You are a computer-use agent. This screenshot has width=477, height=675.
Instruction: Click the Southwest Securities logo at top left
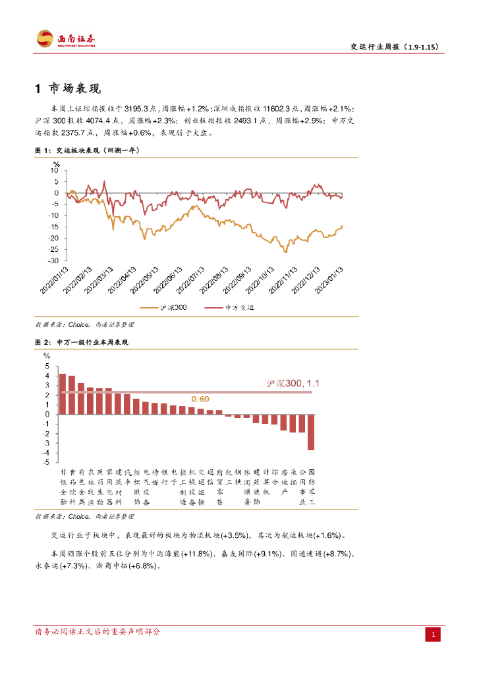[66, 39]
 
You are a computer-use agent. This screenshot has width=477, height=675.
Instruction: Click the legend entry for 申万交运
[231, 308]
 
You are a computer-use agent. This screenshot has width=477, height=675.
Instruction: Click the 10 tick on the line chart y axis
[55, 171]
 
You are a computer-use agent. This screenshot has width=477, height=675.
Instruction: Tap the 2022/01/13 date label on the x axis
[57, 280]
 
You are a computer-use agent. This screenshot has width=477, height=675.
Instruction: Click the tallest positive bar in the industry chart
[63, 394]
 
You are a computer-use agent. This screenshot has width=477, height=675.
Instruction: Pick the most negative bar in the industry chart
[311, 432]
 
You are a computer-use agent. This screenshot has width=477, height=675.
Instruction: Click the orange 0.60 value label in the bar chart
[200, 399]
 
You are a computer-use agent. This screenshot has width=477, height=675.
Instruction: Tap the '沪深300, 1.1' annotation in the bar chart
[293, 383]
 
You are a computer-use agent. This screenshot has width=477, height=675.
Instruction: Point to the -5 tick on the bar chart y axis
[47, 462]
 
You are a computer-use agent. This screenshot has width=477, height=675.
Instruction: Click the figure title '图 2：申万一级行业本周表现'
[81, 343]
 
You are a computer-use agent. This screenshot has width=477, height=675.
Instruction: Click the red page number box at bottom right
[434, 634]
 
